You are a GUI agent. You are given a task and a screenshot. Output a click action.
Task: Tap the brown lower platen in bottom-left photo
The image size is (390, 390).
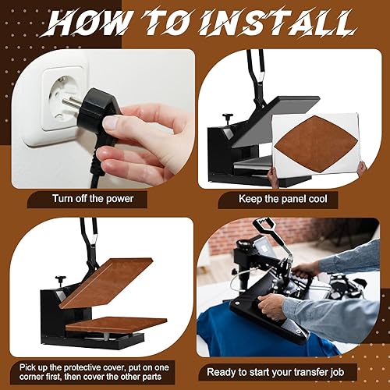pos(117,322)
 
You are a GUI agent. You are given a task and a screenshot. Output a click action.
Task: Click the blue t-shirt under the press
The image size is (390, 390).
pos(234,335)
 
